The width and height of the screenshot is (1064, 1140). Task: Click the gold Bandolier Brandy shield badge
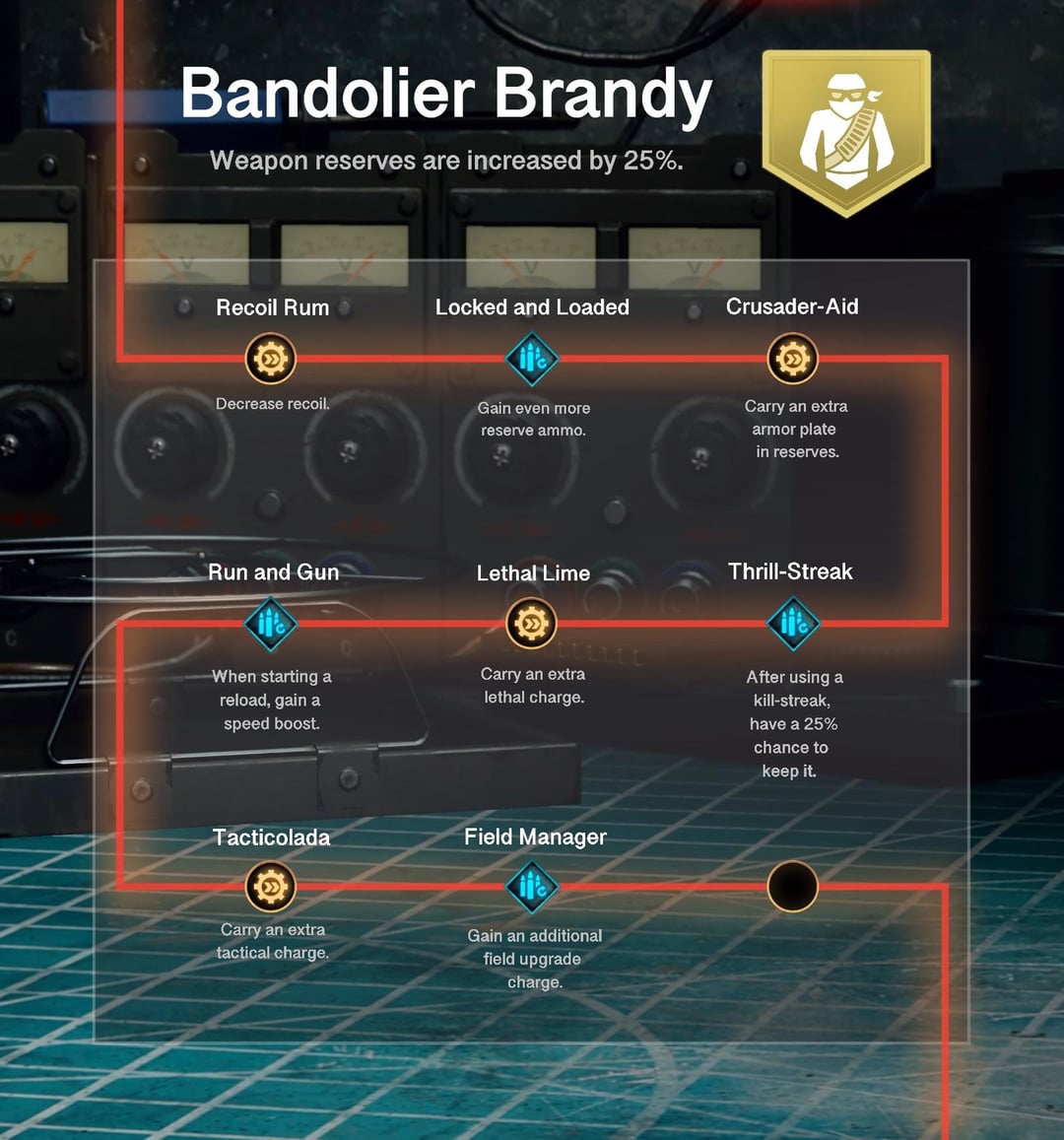[x=846, y=132]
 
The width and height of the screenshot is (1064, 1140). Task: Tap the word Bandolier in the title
[x=328, y=93]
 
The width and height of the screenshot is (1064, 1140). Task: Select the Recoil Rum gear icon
[x=271, y=359]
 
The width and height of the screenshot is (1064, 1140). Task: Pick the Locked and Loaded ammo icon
[x=532, y=359]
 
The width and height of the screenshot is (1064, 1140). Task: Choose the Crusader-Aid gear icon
[x=793, y=359]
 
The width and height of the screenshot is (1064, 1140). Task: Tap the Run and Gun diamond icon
[x=271, y=624]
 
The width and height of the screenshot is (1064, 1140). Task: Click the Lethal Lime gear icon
[x=531, y=624]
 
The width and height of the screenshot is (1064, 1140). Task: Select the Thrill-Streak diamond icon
[x=793, y=624]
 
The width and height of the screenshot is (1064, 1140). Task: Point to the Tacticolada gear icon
[x=271, y=887]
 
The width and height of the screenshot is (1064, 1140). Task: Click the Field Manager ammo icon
[x=532, y=887]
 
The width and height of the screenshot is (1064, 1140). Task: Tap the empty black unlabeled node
[x=793, y=887]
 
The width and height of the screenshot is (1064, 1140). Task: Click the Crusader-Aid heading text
[x=792, y=306]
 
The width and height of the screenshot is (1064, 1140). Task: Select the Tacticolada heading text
[x=271, y=838]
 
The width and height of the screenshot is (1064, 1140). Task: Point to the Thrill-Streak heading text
[x=791, y=571]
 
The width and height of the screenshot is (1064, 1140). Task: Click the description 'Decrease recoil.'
[x=273, y=404]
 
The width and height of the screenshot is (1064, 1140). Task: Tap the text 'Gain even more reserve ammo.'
[x=534, y=419]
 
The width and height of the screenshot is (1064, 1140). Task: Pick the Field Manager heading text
[x=536, y=837]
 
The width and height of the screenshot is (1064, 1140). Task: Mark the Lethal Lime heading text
[x=533, y=572]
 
